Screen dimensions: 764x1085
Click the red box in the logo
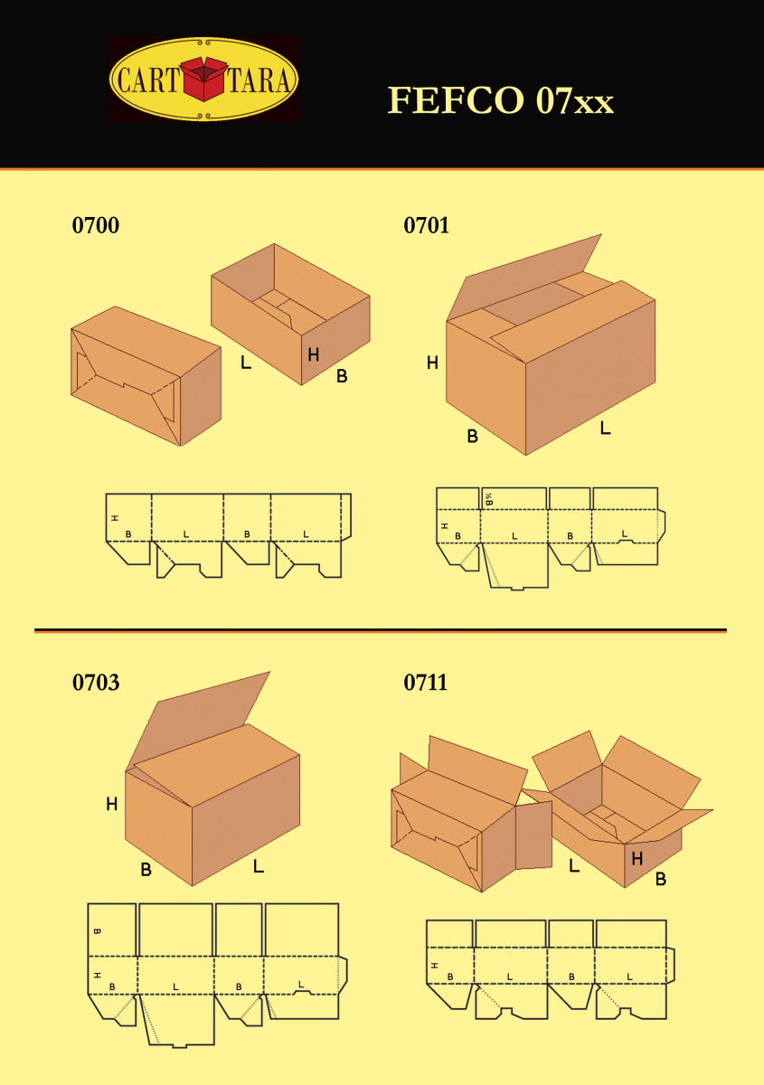204,79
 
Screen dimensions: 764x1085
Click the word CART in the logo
148,80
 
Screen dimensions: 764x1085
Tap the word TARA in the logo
259,80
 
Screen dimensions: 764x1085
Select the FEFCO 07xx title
501,100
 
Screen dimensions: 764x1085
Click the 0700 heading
96,226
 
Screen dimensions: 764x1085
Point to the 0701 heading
427,226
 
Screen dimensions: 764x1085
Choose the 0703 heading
96,683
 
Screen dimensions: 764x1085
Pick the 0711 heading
425,683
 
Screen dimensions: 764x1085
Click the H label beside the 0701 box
432,363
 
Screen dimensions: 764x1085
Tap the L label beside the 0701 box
606,428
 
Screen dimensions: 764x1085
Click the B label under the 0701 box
472,437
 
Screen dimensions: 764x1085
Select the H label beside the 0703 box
112,804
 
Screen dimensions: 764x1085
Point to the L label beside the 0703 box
259,865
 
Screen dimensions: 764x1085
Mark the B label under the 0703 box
146,870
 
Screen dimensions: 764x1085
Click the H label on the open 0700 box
314,355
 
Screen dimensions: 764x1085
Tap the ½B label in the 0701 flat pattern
489,500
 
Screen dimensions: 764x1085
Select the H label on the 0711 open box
637,859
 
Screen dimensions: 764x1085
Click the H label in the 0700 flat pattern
115,518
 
